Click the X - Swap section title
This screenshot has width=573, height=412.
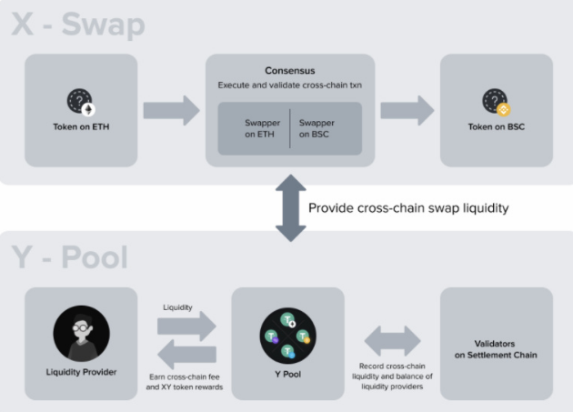[x=78, y=25]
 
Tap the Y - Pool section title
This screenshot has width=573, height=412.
[x=69, y=257]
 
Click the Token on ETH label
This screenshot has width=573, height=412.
[x=81, y=126]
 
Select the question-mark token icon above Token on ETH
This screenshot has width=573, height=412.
[x=81, y=102]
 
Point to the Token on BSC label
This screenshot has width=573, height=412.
[x=497, y=126]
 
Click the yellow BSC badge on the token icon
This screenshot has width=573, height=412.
[x=504, y=109]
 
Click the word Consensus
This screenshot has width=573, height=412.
[x=290, y=71]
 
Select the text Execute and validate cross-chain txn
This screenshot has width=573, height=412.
[x=290, y=85]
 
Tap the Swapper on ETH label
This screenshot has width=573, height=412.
[x=262, y=128]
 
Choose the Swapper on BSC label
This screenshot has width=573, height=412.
[x=317, y=128]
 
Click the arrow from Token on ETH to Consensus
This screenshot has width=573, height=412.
[x=171, y=110]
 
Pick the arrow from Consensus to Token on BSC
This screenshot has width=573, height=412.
[x=407, y=110]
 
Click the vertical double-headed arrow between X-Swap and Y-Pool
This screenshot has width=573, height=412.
[x=290, y=208]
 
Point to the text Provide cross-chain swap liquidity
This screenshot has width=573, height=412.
[x=408, y=208]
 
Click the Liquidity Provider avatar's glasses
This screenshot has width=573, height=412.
[x=81, y=327]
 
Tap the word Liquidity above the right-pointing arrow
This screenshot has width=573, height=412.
[x=177, y=307]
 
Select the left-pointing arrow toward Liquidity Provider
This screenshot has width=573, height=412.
[x=186, y=354]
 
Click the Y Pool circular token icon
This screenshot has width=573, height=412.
[x=288, y=336]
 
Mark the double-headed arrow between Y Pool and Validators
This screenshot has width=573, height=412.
[x=393, y=341]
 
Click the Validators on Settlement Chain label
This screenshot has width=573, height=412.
[x=496, y=349]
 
